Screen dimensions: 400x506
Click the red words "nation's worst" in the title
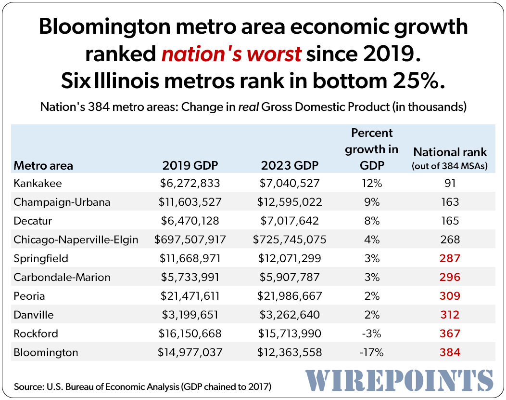[x=231, y=54]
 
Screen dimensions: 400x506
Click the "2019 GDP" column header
[x=190, y=166]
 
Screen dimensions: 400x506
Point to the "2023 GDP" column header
[x=290, y=166]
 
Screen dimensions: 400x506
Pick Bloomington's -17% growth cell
[x=371, y=352]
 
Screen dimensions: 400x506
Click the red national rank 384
[x=450, y=352]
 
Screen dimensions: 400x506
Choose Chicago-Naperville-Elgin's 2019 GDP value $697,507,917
[x=190, y=240]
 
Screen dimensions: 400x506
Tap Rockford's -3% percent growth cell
[x=371, y=333]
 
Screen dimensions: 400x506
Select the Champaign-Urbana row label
[x=62, y=202]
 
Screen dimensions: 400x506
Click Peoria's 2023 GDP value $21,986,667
[x=290, y=296]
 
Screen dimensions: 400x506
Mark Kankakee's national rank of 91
[x=450, y=183]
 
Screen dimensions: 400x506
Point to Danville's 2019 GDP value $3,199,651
[x=190, y=315]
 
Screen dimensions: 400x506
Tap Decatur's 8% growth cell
[x=371, y=221]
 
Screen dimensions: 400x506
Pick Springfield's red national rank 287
[x=450, y=258]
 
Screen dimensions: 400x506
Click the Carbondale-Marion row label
[x=62, y=277]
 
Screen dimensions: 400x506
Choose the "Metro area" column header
[x=43, y=166]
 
